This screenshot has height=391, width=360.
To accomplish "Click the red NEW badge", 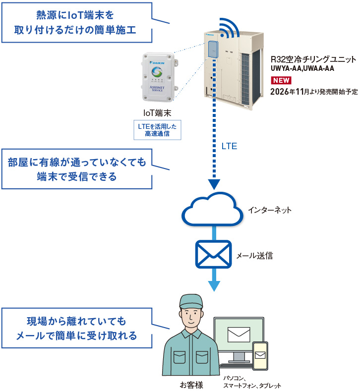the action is click(281, 80).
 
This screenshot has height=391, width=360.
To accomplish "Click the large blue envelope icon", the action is click(213, 254).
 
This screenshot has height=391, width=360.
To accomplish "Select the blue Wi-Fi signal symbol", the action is click(229, 28).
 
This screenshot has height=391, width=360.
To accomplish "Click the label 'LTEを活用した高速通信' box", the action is click(157, 130).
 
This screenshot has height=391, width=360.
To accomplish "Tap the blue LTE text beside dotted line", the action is click(229, 146).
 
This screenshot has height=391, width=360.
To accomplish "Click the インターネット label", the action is click(269, 210).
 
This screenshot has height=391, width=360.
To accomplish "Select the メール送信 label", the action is click(254, 256).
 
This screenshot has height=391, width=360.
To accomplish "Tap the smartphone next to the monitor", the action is click(260, 356).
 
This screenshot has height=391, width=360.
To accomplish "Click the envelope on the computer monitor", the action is click(239, 335).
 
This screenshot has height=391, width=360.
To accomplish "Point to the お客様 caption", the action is click(191, 385).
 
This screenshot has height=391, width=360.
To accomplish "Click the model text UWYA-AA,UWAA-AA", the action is click(302, 68).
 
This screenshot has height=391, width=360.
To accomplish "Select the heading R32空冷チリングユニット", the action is click(313, 59).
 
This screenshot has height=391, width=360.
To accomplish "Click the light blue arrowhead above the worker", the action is click(214, 286).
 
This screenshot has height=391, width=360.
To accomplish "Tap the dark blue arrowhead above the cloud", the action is click(214, 184).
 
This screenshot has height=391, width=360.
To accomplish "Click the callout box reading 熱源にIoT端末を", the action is click(77, 23).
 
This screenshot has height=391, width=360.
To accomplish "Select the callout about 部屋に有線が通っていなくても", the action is click(77, 169).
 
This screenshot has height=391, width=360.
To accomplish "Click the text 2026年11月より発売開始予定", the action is click(314, 92).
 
